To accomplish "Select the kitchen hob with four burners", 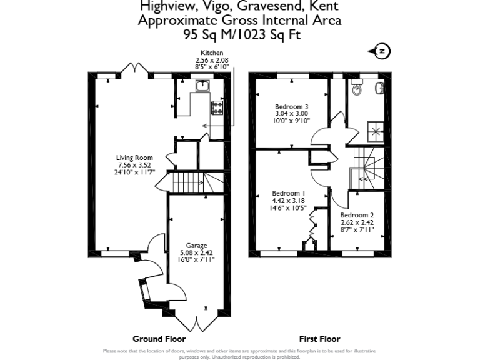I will coord(217,107).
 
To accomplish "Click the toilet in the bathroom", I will coord(357,90).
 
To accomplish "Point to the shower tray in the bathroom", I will coord(377,130).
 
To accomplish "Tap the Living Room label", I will coord(134,157).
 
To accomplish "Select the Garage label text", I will coord(196,246).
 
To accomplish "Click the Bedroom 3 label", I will coord(292,107).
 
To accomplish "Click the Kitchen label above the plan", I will coord(211,53).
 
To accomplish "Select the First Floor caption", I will coord(320,339).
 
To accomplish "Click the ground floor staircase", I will coord(188,184).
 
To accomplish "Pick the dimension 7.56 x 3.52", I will coord(134,164).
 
